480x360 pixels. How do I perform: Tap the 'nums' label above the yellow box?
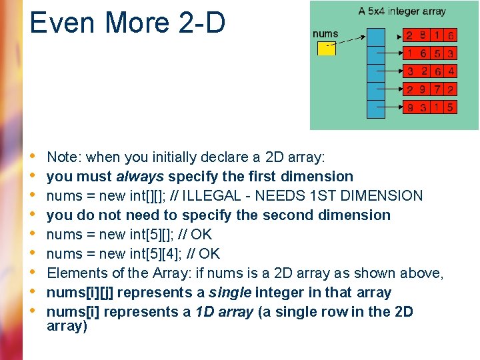pyautogui.click(x=325, y=33)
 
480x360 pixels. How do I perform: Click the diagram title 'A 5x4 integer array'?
pyautogui.click(x=402, y=11)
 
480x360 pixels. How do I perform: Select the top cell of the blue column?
pyautogui.click(x=377, y=37)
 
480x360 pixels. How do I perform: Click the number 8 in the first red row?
pyautogui.click(x=423, y=35)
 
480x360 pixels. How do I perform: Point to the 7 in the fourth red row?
pyautogui.click(x=437, y=89)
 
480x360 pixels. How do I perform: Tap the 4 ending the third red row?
pyautogui.click(x=451, y=71)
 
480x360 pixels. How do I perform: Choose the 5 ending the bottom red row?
pyautogui.click(x=451, y=107)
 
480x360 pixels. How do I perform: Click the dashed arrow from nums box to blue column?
pyautogui.click(x=351, y=39)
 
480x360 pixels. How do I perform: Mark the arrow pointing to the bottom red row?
pyautogui.click(x=393, y=107)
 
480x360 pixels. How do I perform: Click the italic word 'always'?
pyautogui.click(x=140, y=177)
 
